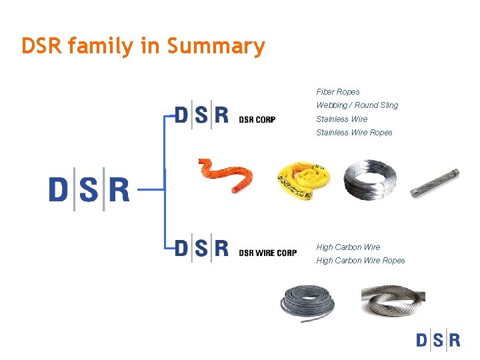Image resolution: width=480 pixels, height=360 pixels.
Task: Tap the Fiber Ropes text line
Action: [x=338, y=92]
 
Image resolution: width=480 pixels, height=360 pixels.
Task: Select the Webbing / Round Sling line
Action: [x=357, y=105]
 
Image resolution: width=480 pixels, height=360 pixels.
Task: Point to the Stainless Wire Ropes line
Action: [x=354, y=133]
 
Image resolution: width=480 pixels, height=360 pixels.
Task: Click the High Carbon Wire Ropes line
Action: [x=360, y=261]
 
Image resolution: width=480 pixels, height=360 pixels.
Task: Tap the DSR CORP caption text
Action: [x=257, y=120]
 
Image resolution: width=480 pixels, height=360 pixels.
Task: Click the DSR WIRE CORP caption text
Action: [x=267, y=253]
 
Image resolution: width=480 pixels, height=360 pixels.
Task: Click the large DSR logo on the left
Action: [x=89, y=189]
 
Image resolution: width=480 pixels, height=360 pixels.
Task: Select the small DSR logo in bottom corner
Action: [x=438, y=340]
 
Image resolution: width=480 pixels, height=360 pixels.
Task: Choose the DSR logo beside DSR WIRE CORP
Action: [x=201, y=249]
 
